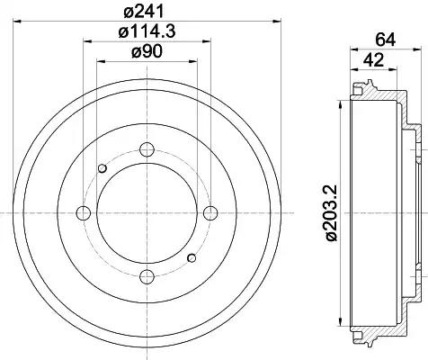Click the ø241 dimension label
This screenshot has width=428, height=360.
pyautogui.click(x=144, y=12)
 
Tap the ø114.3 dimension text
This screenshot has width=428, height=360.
pyautogui.click(x=147, y=31)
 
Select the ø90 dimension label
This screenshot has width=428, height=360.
pyautogui.click(x=147, y=51)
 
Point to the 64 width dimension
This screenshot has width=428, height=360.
pyautogui.click(x=386, y=40)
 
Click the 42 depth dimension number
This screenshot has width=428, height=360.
pyautogui.click(x=373, y=60)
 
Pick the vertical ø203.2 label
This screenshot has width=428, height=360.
pyautogui.click(x=332, y=213)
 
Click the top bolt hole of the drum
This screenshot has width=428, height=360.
pyautogui.click(x=147, y=149)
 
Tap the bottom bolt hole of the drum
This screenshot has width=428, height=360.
pyautogui.click(x=147, y=276)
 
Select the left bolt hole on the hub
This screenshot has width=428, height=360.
pyautogui.click(x=84, y=213)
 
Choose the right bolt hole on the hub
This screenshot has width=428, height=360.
pyautogui.click(x=210, y=213)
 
